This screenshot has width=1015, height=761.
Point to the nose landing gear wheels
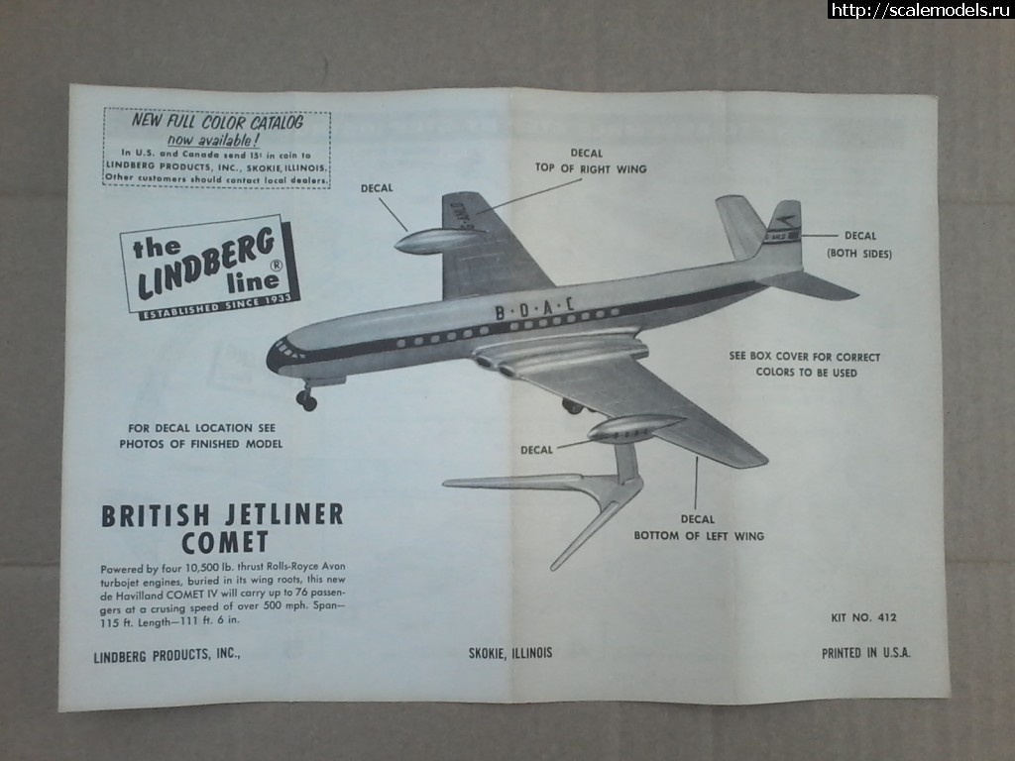pos(307,401)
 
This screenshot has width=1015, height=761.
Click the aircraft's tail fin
pos(783,232)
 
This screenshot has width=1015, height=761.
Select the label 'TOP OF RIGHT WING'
pos(591,169)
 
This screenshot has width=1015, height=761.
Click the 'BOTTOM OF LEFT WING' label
pos(699,536)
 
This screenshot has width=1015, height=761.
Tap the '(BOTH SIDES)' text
pos(859,255)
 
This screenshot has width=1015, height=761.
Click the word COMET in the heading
pos(225,542)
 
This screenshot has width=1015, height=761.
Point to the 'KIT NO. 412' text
pos(864,618)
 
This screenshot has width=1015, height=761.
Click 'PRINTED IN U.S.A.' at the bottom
pos(865,653)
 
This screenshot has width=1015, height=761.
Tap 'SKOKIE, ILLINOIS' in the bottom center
pos(510,653)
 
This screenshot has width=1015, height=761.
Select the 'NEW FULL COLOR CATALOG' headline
pos(218,122)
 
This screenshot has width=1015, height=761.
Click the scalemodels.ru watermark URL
pos(920,10)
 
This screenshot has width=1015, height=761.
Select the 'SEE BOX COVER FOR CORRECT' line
pos(804,357)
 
